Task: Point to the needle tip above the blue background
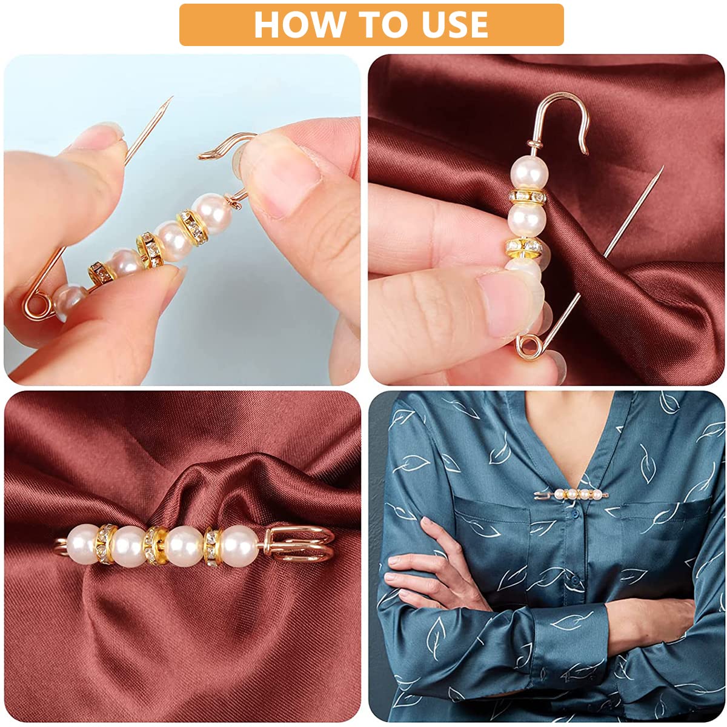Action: [171, 98]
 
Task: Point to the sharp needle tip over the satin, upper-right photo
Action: [662, 167]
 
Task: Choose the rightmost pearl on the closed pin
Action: [239, 545]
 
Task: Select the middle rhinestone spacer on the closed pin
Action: [156, 546]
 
